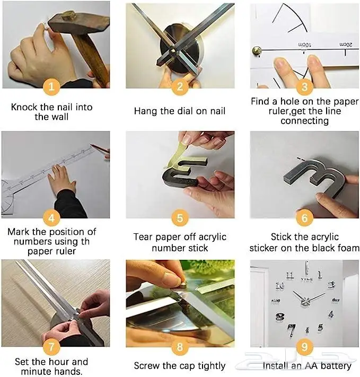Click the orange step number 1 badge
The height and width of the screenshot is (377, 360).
(51, 87)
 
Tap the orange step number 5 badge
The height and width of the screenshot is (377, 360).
(180, 218)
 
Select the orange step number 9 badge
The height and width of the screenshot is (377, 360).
(304, 346)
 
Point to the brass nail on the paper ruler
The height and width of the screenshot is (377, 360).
(257, 51)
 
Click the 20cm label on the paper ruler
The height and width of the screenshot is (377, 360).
(346, 45)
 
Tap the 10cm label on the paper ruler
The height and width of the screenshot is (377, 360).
(304, 45)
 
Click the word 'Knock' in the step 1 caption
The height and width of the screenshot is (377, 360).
(24, 107)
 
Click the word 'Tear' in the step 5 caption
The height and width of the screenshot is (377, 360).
(143, 237)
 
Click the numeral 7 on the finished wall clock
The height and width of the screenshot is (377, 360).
(292, 330)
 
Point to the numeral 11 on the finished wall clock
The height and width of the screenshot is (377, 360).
(290, 276)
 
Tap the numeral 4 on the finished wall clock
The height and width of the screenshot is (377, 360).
(331, 314)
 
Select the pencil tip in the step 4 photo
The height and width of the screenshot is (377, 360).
(91, 145)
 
